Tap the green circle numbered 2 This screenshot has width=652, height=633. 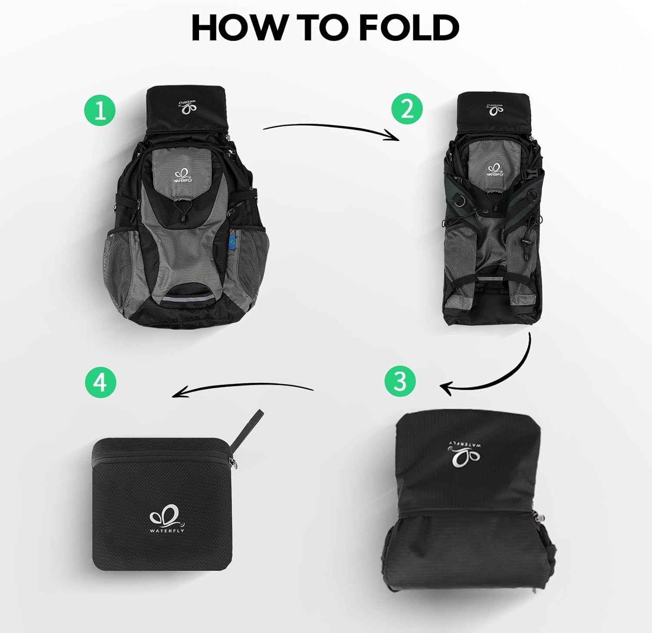click(407, 109)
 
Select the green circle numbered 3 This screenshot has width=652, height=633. click(400, 381)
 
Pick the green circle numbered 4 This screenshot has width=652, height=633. click(100, 383)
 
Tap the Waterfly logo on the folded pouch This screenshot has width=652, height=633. click(167, 520)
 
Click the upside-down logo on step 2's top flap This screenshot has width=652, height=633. click(496, 109)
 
